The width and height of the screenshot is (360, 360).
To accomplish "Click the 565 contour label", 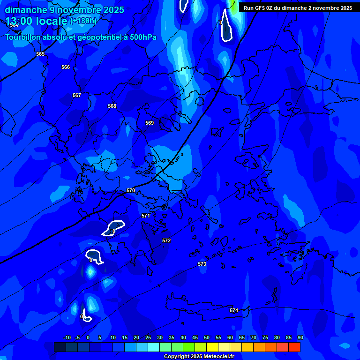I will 40,54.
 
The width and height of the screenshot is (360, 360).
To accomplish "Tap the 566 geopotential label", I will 66,67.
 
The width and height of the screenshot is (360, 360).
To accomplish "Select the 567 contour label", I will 77,96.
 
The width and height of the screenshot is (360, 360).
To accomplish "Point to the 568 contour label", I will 112,106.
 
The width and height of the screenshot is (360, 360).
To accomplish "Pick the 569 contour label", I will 150,123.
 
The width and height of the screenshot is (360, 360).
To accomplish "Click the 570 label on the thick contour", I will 131,191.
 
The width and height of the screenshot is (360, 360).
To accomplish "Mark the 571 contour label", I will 146,216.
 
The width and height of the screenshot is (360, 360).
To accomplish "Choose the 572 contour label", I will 166,241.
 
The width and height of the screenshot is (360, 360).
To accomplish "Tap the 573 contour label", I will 202,264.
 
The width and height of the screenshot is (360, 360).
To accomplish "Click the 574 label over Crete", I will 234,311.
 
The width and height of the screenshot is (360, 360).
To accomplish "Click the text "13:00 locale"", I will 37,21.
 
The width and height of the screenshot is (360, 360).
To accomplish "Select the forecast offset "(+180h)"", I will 83,21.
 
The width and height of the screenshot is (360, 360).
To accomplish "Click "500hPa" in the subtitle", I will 143,37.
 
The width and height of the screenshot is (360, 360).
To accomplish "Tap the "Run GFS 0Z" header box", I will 298,8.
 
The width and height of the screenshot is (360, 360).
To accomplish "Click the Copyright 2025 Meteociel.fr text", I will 199,357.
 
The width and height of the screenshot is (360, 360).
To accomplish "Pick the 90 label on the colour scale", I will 300,337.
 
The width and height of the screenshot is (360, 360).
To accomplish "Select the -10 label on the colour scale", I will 67,337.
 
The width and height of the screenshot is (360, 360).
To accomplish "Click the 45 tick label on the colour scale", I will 195,337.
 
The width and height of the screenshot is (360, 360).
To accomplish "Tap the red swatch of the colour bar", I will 294,347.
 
